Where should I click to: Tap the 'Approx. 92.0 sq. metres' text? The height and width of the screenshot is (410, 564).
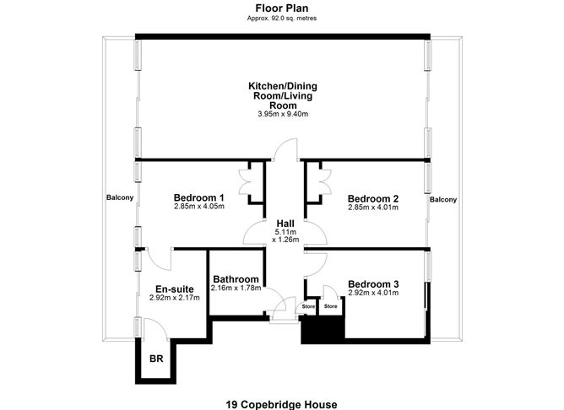281,18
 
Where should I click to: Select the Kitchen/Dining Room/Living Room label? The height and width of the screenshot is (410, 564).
283,95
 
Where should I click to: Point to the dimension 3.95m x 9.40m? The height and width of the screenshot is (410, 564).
283,114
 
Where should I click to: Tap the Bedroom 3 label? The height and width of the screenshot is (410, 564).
372,283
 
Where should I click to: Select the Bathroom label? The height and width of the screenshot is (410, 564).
236,279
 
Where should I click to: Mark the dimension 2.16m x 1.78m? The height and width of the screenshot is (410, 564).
236,289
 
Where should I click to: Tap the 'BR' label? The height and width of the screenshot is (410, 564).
155,359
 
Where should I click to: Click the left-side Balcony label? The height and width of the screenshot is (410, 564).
119,198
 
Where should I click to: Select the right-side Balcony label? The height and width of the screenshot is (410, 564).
443,200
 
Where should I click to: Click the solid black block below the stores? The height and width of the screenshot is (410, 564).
322,330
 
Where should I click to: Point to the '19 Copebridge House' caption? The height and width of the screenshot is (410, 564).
281,404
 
